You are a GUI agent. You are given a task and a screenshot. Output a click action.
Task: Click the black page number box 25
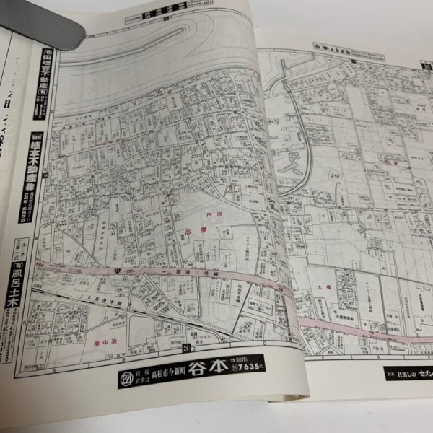point(187,349)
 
